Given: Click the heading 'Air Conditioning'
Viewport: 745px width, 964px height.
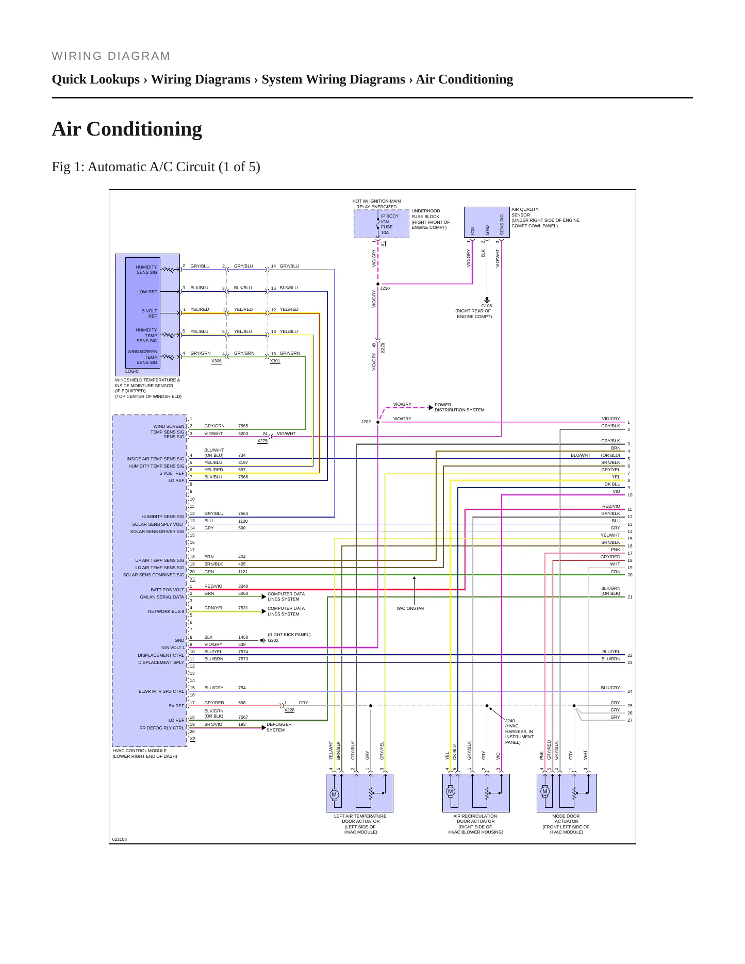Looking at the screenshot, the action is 127,129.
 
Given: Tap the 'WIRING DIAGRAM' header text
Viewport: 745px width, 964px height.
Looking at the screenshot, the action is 111,56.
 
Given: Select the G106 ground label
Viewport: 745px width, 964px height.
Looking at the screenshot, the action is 487,306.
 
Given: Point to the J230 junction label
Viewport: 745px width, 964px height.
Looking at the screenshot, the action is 385,288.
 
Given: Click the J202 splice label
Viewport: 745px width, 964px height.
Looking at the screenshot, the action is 366,422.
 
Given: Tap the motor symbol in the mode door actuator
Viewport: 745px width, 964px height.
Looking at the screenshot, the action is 545,791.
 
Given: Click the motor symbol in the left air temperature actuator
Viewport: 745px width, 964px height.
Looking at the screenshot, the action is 334,794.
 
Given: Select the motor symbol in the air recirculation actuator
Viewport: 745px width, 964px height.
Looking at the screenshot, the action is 450,791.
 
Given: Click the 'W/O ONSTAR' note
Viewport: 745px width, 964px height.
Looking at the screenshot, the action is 410,608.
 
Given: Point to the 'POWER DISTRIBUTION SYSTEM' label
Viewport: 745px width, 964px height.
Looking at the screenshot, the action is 459,407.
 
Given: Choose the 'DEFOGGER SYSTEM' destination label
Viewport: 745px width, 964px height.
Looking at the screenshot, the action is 279,727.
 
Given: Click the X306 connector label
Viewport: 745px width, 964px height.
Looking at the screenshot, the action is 217,361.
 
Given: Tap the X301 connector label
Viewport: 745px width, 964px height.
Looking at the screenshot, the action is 275,361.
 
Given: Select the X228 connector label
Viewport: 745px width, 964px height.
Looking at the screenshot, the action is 289,710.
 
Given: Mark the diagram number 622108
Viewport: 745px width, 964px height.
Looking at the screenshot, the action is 120,839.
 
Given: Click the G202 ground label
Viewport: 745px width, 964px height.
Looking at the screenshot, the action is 273,640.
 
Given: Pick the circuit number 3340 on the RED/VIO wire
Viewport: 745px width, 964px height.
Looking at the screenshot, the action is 243,586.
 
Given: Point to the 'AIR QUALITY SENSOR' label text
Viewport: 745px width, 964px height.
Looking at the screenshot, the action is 525,212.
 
